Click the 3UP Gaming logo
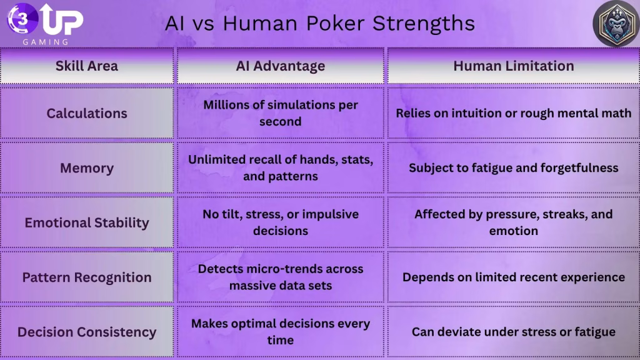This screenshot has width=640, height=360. pyautogui.click(x=45, y=24)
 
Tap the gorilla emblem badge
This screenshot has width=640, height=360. pyautogui.click(x=616, y=23)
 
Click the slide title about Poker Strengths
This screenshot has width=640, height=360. pyautogui.click(x=319, y=23)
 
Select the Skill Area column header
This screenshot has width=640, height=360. pyautogui.click(x=86, y=66)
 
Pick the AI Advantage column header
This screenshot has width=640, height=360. pyautogui.click(x=281, y=66)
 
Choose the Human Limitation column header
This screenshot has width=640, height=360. pyautogui.click(x=514, y=66)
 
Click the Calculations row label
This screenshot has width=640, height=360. pyautogui.click(x=86, y=113)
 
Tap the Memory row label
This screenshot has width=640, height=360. pyautogui.click(x=86, y=167)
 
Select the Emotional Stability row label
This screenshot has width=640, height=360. pyautogui.click(x=86, y=222)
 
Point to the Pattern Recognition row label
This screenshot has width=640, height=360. pyautogui.click(x=86, y=277)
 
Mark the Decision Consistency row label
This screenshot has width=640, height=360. pyautogui.click(x=86, y=332)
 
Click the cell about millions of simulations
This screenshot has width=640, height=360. pyautogui.click(x=281, y=113)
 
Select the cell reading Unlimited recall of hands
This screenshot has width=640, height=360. pyautogui.click(x=281, y=167)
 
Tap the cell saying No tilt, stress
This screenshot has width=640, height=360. pyautogui.click(x=281, y=222)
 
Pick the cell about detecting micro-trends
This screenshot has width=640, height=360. pyautogui.click(x=281, y=277)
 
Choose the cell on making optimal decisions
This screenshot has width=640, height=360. pyautogui.click(x=281, y=332)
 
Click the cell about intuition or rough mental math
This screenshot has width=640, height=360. pyautogui.click(x=514, y=113)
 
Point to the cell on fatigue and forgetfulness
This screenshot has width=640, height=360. pyautogui.click(x=514, y=167)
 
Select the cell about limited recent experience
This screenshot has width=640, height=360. pyautogui.click(x=514, y=277)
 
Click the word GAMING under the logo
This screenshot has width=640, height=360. pyautogui.click(x=45, y=42)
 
